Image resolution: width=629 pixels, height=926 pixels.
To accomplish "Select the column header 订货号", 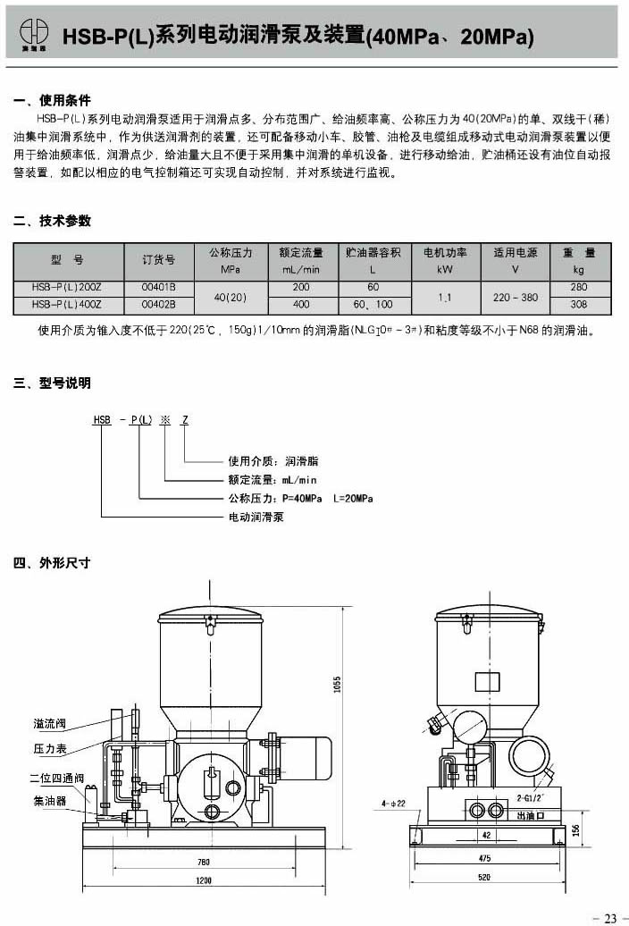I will click(x=158, y=260).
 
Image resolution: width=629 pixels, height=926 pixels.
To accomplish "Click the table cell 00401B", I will click(x=158, y=287).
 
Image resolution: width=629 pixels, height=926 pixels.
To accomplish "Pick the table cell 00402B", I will click(x=158, y=305).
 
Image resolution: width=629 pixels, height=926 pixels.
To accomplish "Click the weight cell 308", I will click(x=579, y=305).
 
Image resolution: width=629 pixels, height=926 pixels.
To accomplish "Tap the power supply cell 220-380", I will click(x=516, y=296).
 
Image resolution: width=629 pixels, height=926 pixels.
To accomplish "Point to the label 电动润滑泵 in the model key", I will click(x=256, y=516).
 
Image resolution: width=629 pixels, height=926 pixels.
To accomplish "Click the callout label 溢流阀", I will click(x=51, y=722).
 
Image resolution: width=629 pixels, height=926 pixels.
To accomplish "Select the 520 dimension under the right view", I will click(x=483, y=878).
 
